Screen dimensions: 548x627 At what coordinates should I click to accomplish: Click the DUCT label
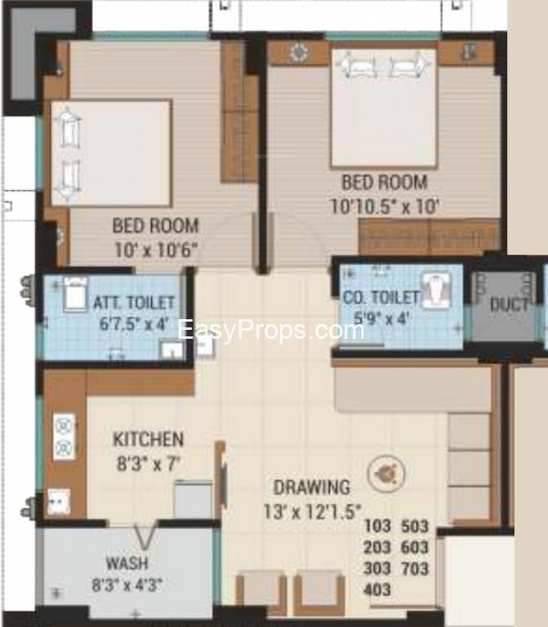tap(509, 305)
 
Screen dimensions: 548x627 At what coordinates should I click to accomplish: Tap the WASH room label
tap(127, 563)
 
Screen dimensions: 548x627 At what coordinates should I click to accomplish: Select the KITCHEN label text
tap(149, 439)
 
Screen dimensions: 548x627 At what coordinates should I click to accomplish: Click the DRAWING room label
tap(312, 487)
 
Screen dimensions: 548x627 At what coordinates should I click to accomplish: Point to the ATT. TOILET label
tap(134, 303)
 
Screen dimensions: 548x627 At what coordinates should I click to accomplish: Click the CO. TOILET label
tap(381, 297)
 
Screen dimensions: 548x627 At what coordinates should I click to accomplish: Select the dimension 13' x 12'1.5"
tap(313, 511)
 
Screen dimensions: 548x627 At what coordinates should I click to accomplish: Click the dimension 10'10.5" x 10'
tap(385, 207)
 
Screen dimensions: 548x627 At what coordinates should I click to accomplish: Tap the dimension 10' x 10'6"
tap(157, 251)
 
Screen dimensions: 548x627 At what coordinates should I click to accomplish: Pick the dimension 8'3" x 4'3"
tap(127, 585)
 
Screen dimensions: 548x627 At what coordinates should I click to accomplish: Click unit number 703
tap(414, 568)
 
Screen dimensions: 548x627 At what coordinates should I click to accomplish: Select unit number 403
tap(376, 589)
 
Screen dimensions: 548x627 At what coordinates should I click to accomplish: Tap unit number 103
tap(376, 526)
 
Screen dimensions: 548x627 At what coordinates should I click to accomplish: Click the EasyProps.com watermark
tap(271, 331)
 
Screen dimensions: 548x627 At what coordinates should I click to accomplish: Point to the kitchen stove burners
tap(64, 436)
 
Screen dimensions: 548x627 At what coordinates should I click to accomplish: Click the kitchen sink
tap(59, 501)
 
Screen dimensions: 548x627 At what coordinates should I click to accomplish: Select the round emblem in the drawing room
tap(386, 474)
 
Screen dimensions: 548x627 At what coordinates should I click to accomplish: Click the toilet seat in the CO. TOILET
tap(435, 290)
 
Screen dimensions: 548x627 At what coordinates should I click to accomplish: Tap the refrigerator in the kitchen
tap(193, 500)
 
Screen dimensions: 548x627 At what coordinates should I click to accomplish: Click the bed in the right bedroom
tap(384, 106)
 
